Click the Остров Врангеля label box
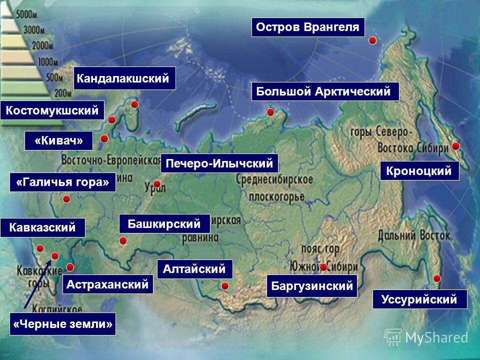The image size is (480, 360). [x=308, y=27]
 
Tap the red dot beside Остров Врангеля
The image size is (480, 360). [x=372, y=40]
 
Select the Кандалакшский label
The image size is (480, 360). [x=124, y=78]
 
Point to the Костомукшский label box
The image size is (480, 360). [x=52, y=110]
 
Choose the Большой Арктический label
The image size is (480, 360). [x=325, y=91]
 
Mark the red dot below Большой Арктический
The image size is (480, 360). [x=270, y=112]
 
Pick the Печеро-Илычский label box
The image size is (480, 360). [x=219, y=163]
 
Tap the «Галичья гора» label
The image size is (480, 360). [x=62, y=182]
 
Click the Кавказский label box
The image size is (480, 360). [x=43, y=227]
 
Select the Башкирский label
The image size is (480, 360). [x=164, y=223]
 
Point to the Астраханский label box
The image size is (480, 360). [x=107, y=284]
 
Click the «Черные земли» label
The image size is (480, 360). [x=62, y=324]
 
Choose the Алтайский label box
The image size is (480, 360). [x=194, y=269]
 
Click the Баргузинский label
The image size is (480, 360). [x=312, y=286]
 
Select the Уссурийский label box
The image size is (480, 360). [x=419, y=299]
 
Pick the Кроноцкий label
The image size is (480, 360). [x=419, y=171]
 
